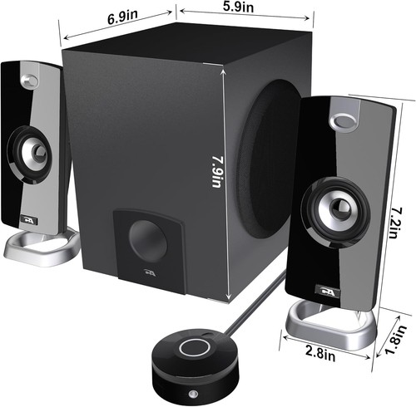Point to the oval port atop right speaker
(x=342, y=122)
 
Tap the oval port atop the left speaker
(x=29, y=81)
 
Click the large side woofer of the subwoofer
(x=270, y=158)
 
